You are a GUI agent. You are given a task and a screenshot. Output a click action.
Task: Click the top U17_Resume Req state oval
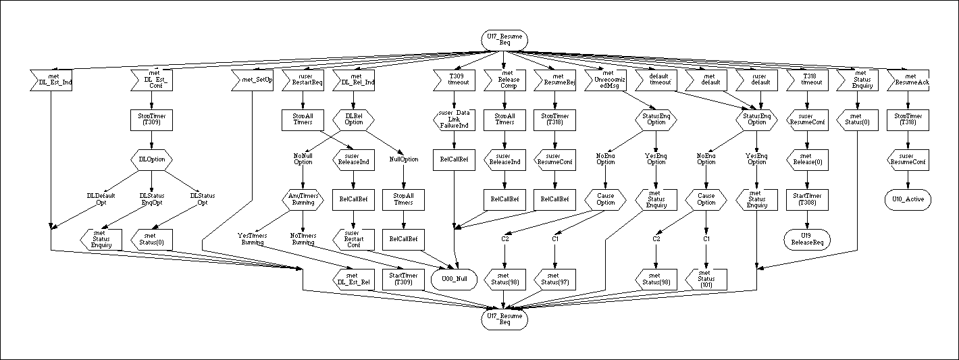[x=504, y=39]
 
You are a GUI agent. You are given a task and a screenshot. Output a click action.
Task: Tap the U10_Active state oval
[x=908, y=199]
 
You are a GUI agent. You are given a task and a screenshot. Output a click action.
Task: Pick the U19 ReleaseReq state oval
[x=806, y=238]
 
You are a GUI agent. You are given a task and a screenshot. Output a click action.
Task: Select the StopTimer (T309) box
[x=151, y=120]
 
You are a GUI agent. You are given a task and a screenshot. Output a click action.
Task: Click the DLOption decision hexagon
[x=151, y=159]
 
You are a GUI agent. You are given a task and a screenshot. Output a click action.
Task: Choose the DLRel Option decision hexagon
[x=353, y=120]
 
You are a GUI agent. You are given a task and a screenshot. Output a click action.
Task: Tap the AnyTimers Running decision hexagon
[x=303, y=199]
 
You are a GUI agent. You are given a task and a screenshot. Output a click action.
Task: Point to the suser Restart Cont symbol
[x=353, y=238]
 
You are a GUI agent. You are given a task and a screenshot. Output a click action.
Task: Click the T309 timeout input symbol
[x=453, y=81]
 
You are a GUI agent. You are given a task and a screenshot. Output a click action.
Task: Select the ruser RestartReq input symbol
[x=303, y=81]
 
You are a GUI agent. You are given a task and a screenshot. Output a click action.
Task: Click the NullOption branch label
[x=403, y=159]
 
